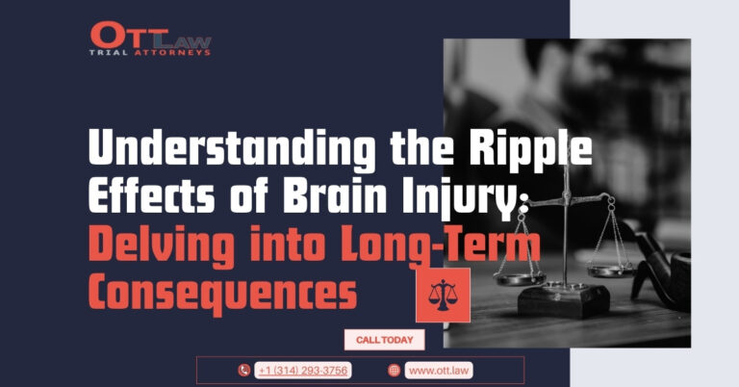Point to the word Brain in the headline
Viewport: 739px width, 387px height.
click(335, 195)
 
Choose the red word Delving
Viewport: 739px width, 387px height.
click(162, 245)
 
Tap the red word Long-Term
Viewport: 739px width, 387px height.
click(440, 245)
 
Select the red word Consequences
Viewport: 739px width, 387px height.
click(222, 294)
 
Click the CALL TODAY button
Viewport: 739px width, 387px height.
click(384, 340)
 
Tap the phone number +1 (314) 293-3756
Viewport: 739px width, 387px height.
click(302, 371)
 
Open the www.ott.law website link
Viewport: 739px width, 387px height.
click(439, 371)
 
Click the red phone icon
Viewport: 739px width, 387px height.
click(244, 371)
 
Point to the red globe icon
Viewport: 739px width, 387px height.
click(394, 371)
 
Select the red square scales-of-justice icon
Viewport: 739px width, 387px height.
click(443, 296)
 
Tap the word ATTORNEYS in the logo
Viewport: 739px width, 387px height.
click(172, 53)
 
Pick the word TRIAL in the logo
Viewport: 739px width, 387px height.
click(109, 53)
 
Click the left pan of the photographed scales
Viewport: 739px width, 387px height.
click(520, 278)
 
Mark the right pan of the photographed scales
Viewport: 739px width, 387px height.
click(611, 271)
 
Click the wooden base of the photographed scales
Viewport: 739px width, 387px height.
click(564, 300)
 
